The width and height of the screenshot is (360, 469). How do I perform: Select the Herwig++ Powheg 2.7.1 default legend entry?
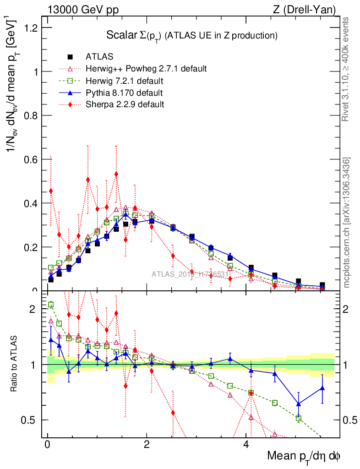point(146,69)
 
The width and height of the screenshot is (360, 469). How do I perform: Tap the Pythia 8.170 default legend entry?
point(124,93)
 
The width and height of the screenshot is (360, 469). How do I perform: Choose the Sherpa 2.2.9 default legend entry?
point(125,104)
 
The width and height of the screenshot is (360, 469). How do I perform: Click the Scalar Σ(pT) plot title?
point(192,35)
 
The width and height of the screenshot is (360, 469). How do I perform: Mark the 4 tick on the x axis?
point(246,444)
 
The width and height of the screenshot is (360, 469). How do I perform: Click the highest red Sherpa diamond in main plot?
point(116,174)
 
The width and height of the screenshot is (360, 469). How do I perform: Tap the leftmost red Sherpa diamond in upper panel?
point(51,191)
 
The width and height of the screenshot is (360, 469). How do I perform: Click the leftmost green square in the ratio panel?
point(51,305)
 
